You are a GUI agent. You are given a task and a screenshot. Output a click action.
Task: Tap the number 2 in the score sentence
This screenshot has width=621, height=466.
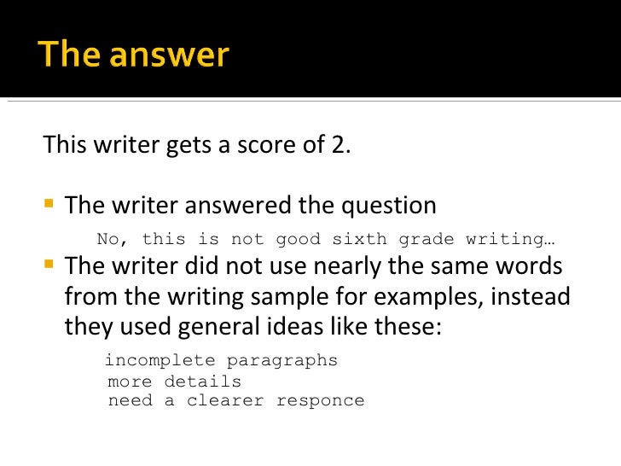[338, 144]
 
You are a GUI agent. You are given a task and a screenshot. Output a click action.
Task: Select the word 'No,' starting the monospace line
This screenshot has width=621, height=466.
[113, 240]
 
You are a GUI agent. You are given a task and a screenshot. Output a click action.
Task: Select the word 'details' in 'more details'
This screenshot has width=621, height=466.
[202, 382]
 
